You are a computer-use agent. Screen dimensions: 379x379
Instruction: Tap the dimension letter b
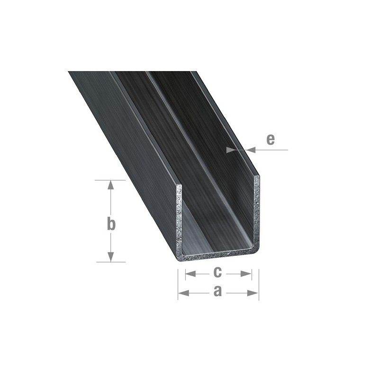click(111, 224)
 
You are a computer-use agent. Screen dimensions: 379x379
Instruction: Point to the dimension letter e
click(270, 139)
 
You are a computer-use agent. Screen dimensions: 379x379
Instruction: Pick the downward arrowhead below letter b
click(111, 257)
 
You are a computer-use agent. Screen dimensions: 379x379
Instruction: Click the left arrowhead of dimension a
click(183, 293)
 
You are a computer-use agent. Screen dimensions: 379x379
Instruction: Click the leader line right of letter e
click(272, 150)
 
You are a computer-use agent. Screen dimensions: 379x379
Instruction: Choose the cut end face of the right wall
click(256, 213)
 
